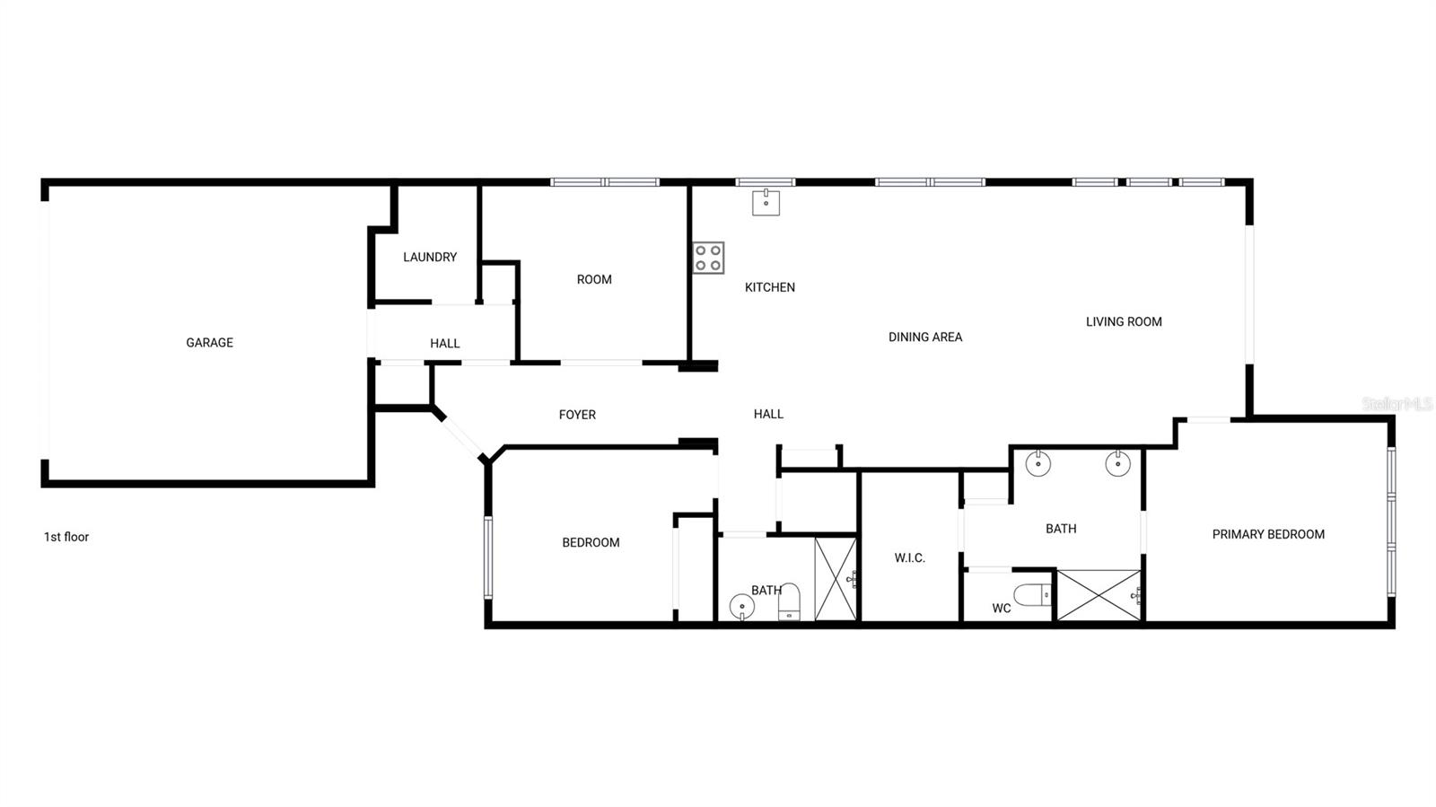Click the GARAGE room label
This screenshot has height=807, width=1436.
pyautogui.click(x=209, y=343)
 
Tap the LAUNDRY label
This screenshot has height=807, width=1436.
pyautogui.click(x=430, y=258)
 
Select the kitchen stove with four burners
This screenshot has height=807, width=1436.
pyautogui.click(x=708, y=258)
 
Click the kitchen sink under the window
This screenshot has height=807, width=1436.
pyautogui.click(x=766, y=203)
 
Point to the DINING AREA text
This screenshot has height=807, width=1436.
pyautogui.click(x=925, y=338)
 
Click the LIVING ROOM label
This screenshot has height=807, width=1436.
pyautogui.click(x=1124, y=321)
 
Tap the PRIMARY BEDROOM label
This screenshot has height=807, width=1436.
pyautogui.click(x=1268, y=534)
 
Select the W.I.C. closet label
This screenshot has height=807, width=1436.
pyautogui.click(x=909, y=558)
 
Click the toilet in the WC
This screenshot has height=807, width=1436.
pyautogui.click(x=1033, y=594)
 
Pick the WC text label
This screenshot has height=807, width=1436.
pyautogui.click(x=1002, y=609)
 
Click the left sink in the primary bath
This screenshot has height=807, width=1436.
pyautogui.click(x=1038, y=463)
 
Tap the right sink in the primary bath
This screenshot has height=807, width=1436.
pyautogui.click(x=1117, y=463)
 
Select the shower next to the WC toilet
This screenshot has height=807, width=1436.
pyautogui.click(x=1099, y=595)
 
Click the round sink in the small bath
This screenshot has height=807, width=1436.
pyautogui.click(x=741, y=607)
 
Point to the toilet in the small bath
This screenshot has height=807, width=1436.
pyautogui.click(x=789, y=601)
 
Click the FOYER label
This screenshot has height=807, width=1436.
pyautogui.click(x=577, y=415)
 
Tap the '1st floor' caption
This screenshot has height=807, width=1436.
pyautogui.click(x=66, y=537)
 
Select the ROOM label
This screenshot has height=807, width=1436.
pyautogui.click(x=594, y=280)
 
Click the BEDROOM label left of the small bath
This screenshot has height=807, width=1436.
pyautogui.click(x=591, y=542)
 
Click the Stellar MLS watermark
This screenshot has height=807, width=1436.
pyautogui.click(x=1397, y=404)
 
